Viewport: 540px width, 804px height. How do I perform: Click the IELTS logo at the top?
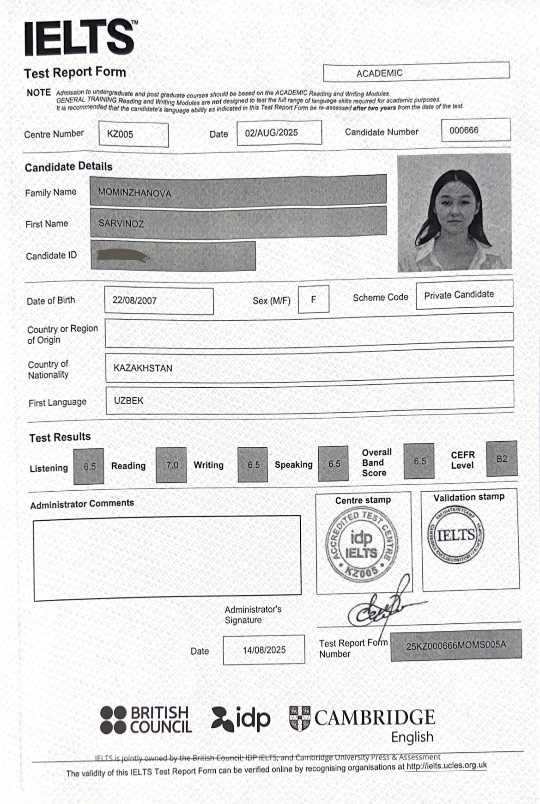coord(79,38)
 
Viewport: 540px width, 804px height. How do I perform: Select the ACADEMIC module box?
coord(379,73)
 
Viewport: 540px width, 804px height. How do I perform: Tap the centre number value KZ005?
coord(120,134)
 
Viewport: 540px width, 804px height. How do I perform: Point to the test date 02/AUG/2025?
coord(272,133)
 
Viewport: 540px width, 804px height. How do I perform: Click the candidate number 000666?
coord(464,130)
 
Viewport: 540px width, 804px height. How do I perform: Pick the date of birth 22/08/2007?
coord(135,300)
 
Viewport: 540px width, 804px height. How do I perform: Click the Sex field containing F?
coord(313,299)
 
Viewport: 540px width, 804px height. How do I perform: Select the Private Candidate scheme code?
coord(459,294)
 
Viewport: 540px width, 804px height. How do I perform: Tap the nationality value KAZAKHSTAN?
coord(143,368)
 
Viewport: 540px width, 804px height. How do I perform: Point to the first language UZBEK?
coord(128,400)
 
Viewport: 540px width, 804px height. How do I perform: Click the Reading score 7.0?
coord(171,465)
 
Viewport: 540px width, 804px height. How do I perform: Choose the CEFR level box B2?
coord(502,459)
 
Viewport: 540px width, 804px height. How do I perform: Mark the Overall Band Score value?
coord(419,461)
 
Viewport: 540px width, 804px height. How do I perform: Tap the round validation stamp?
coord(456,535)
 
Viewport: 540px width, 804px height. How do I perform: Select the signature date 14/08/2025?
coord(264,650)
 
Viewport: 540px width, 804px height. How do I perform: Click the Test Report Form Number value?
coord(456,645)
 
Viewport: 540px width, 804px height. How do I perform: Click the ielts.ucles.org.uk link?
coord(446,766)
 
